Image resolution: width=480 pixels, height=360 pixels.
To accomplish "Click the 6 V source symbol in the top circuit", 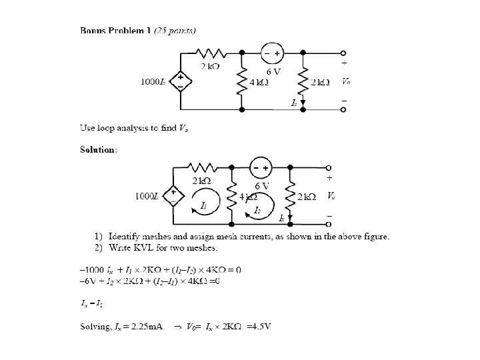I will pos(272,53).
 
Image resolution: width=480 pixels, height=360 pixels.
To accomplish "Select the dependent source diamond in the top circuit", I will pos(180,81).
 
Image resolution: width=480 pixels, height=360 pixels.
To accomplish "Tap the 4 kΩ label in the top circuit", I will pos(259,82).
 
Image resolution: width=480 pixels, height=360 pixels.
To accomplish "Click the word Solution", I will pos(97,150).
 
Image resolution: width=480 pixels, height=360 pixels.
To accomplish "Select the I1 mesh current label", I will pos(204,206).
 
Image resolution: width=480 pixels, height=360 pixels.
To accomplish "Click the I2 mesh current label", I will pos(258,210).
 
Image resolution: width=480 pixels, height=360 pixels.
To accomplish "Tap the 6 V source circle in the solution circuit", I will pos(260,167).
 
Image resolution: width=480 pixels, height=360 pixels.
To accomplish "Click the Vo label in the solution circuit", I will pos(331,196).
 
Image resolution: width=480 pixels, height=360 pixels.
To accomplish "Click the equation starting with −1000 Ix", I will pos(160,269).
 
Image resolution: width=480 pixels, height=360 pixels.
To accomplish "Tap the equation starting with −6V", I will pos(149,281).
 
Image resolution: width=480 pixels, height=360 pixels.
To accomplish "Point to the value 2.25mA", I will pos(145,327).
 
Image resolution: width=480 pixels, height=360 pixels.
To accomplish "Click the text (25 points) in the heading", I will pos(175,30).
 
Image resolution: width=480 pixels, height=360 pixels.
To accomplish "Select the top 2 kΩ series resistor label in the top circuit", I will pos(212,66).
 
